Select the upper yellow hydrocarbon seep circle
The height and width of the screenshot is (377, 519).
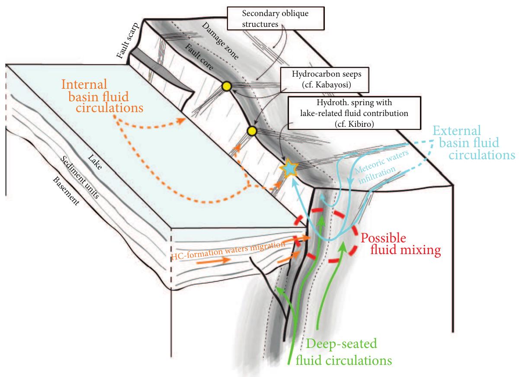coord(226,87)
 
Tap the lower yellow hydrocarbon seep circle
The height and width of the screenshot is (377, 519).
coord(253,131)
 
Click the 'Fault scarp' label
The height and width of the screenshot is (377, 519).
coord(125,44)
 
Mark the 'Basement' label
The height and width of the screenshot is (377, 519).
coord(66,191)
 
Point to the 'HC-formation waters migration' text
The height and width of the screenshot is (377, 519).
coord(228,249)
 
